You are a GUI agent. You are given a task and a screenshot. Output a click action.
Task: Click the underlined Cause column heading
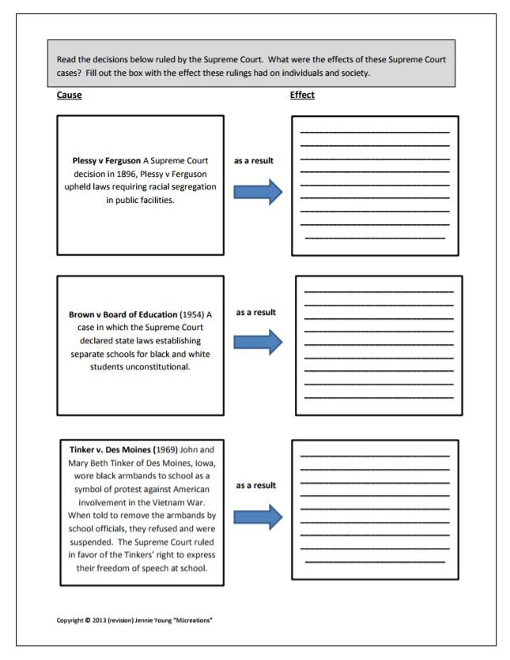[70, 96]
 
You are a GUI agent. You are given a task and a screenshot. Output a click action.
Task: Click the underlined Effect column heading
[304, 96]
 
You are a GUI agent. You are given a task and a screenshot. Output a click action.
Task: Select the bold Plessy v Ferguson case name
[107, 161]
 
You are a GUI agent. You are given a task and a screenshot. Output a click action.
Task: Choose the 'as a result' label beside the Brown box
[255, 313]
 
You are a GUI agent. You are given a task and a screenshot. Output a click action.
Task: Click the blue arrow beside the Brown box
[258, 342]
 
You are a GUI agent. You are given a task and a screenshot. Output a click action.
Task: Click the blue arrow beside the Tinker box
[258, 517]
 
